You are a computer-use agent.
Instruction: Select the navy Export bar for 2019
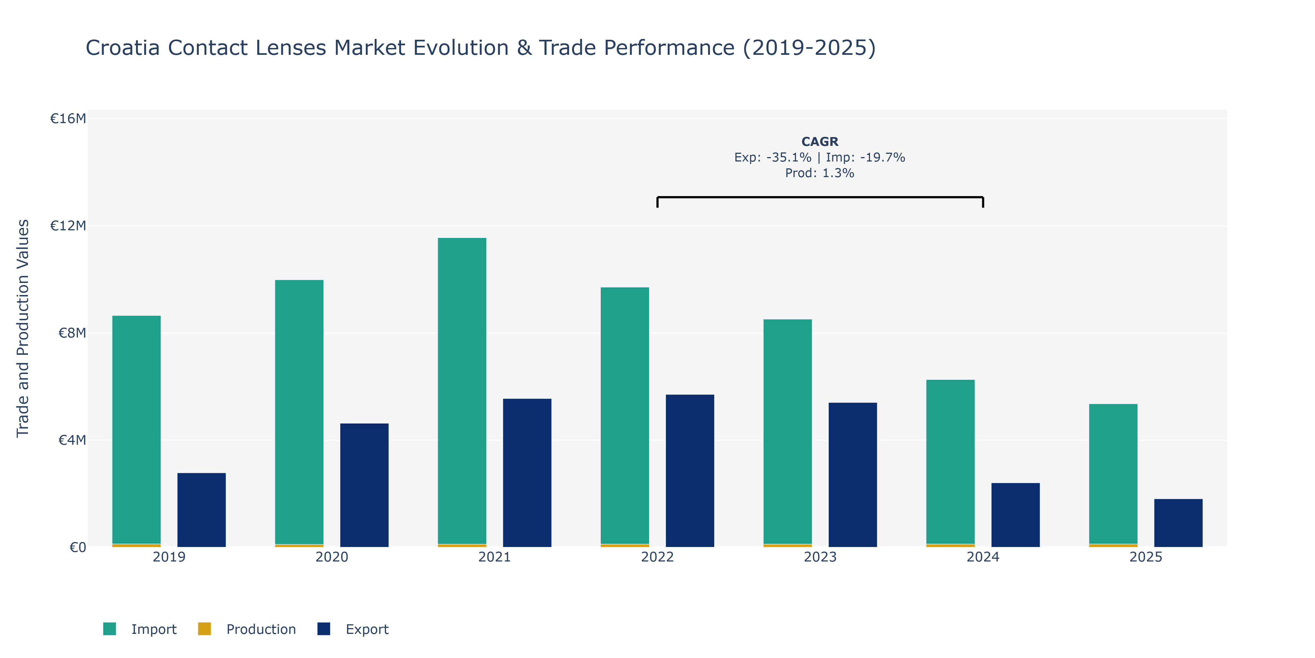202,510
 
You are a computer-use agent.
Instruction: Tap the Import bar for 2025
1113,474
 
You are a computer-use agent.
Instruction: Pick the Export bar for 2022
690,470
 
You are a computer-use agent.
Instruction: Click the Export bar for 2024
1015,515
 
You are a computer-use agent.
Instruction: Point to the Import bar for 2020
299,412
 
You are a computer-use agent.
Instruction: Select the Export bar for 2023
853,475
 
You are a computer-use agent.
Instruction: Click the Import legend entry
140,629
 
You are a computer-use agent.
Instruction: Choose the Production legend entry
247,629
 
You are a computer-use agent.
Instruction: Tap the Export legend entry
353,629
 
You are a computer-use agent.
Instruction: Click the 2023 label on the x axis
820,557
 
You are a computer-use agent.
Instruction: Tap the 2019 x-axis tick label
169,557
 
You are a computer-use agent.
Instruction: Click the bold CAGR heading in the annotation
820,141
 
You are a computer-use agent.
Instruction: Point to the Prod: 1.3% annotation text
820,173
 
